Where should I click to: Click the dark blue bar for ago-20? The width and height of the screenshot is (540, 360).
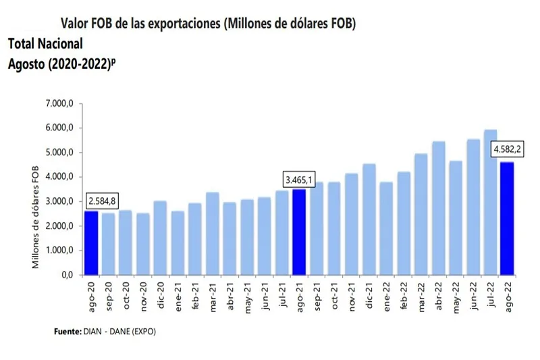point(90,243)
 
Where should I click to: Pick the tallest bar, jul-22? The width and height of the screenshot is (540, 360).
point(489,202)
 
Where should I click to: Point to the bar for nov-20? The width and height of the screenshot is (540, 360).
point(142,244)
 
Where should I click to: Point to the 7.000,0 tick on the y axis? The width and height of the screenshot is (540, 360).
point(60,104)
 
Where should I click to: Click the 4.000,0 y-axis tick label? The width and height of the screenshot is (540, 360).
point(60,177)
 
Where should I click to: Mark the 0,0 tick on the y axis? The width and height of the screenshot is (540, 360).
point(66,275)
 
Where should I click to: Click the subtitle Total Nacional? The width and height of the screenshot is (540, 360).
point(46,44)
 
